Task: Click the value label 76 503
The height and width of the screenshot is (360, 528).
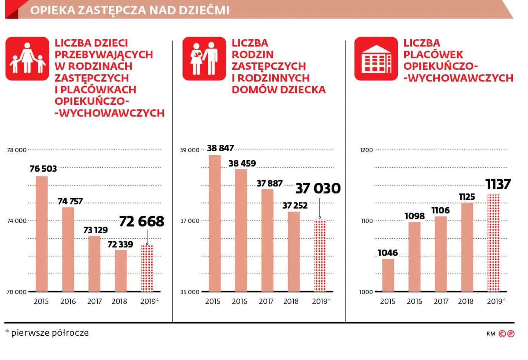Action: [43, 169]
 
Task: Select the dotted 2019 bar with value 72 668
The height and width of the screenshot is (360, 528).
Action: [147, 268]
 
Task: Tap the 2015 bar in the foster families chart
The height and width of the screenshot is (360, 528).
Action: [215, 223]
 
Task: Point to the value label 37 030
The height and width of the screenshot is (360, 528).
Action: [318, 188]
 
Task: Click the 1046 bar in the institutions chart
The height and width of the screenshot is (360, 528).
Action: [388, 275]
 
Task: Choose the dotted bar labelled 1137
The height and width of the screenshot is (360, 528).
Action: [493, 243]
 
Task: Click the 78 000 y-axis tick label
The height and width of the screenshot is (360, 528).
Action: [17, 150]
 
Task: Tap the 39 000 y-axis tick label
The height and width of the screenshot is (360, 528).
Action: [190, 150]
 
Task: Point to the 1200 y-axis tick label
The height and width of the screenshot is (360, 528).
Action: [366, 150]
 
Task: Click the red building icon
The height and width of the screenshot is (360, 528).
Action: [376, 59]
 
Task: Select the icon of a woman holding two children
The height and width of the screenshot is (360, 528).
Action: [27, 59]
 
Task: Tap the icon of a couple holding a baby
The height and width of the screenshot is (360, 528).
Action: [204, 59]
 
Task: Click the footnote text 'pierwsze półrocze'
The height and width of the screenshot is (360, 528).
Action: [50, 333]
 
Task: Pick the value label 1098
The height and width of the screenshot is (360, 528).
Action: [414, 216]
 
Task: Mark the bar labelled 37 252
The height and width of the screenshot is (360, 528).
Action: [294, 251]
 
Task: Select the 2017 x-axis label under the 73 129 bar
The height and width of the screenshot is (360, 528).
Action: [95, 302]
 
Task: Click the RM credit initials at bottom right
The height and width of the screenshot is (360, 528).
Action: [490, 334]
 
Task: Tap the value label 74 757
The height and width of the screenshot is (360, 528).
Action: [70, 202]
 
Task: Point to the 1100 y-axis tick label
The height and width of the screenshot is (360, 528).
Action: [367, 221]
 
